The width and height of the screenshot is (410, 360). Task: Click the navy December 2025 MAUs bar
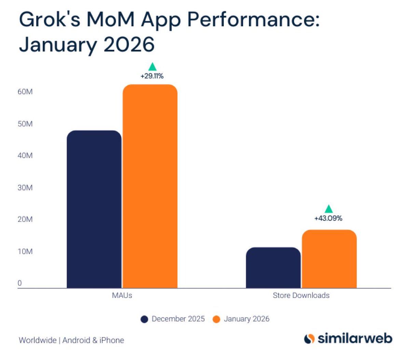94,209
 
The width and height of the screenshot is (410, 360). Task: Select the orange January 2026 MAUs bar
150,186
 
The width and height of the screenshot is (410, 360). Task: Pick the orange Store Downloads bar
329,259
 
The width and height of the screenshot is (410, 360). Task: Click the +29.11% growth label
152,76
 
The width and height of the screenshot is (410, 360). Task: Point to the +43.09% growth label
328,218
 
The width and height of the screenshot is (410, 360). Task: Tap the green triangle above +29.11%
152,67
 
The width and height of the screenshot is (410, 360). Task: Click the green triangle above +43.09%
328,209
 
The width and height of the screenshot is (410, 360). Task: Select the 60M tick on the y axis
25,92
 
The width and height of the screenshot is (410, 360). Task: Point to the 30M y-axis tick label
25,188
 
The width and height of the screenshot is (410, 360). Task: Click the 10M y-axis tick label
25,251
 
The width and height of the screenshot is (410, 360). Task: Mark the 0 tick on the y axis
20,283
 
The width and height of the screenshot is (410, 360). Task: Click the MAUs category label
122,295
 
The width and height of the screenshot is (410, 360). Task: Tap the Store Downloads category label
301,295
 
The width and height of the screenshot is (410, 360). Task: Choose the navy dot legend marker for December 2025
145,319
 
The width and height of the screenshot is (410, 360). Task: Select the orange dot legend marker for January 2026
216,319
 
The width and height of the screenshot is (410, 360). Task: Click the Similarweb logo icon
309,339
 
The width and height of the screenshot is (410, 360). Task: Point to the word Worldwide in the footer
38,340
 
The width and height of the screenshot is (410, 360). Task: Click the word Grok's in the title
50,20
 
